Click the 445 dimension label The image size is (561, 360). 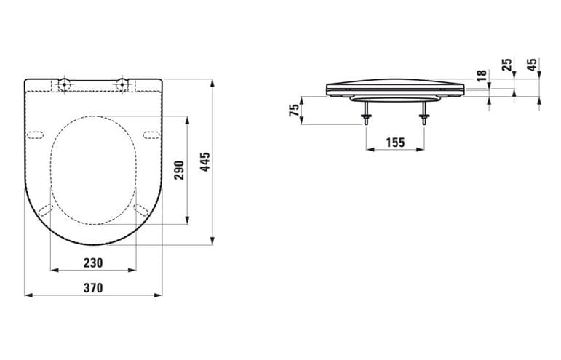pyautogui.click(x=205, y=162)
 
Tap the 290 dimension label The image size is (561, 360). pyautogui.click(x=180, y=170)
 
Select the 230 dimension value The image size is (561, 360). pyautogui.click(x=93, y=263)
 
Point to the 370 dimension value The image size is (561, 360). pyautogui.click(x=93, y=288)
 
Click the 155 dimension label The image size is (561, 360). pyautogui.click(x=395, y=143)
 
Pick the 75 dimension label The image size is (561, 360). pyautogui.click(x=295, y=110)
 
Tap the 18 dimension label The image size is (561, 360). pyautogui.click(x=482, y=76)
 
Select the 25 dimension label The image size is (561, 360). pyautogui.click(x=507, y=65)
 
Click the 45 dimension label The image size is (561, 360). pyautogui.click(x=533, y=65)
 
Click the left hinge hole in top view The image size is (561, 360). pyautogui.click(x=64, y=84)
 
